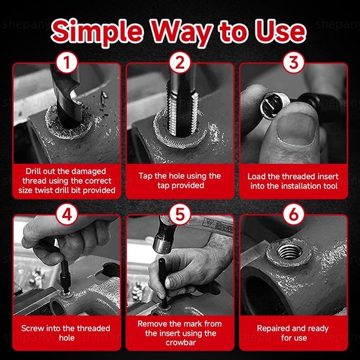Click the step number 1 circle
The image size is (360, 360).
click(x=67, y=62)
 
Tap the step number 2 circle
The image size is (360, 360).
click(x=180, y=62)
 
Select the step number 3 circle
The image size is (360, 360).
click(x=294, y=62)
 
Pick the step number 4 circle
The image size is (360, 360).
click(x=67, y=215)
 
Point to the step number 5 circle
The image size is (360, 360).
click(x=180, y=215)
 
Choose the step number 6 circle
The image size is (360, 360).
click(x=294, y=215)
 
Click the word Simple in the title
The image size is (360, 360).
click(x=98, y=31)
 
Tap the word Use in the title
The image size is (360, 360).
click(x=281, y=31)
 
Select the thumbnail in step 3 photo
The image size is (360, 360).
click(x=297, y=129)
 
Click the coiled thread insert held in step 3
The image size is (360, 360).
click(x=273, y=105)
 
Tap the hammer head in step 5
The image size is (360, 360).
click(x=164, y=237)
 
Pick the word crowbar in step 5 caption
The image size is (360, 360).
click(x=181, y=342)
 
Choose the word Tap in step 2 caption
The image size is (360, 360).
click(x=145, y=176)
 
